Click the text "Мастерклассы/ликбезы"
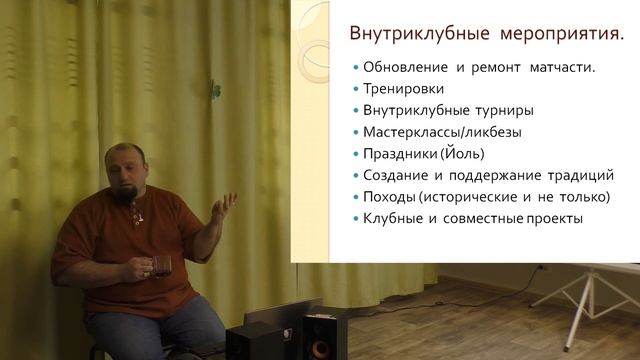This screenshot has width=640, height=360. [x=442, y=131]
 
